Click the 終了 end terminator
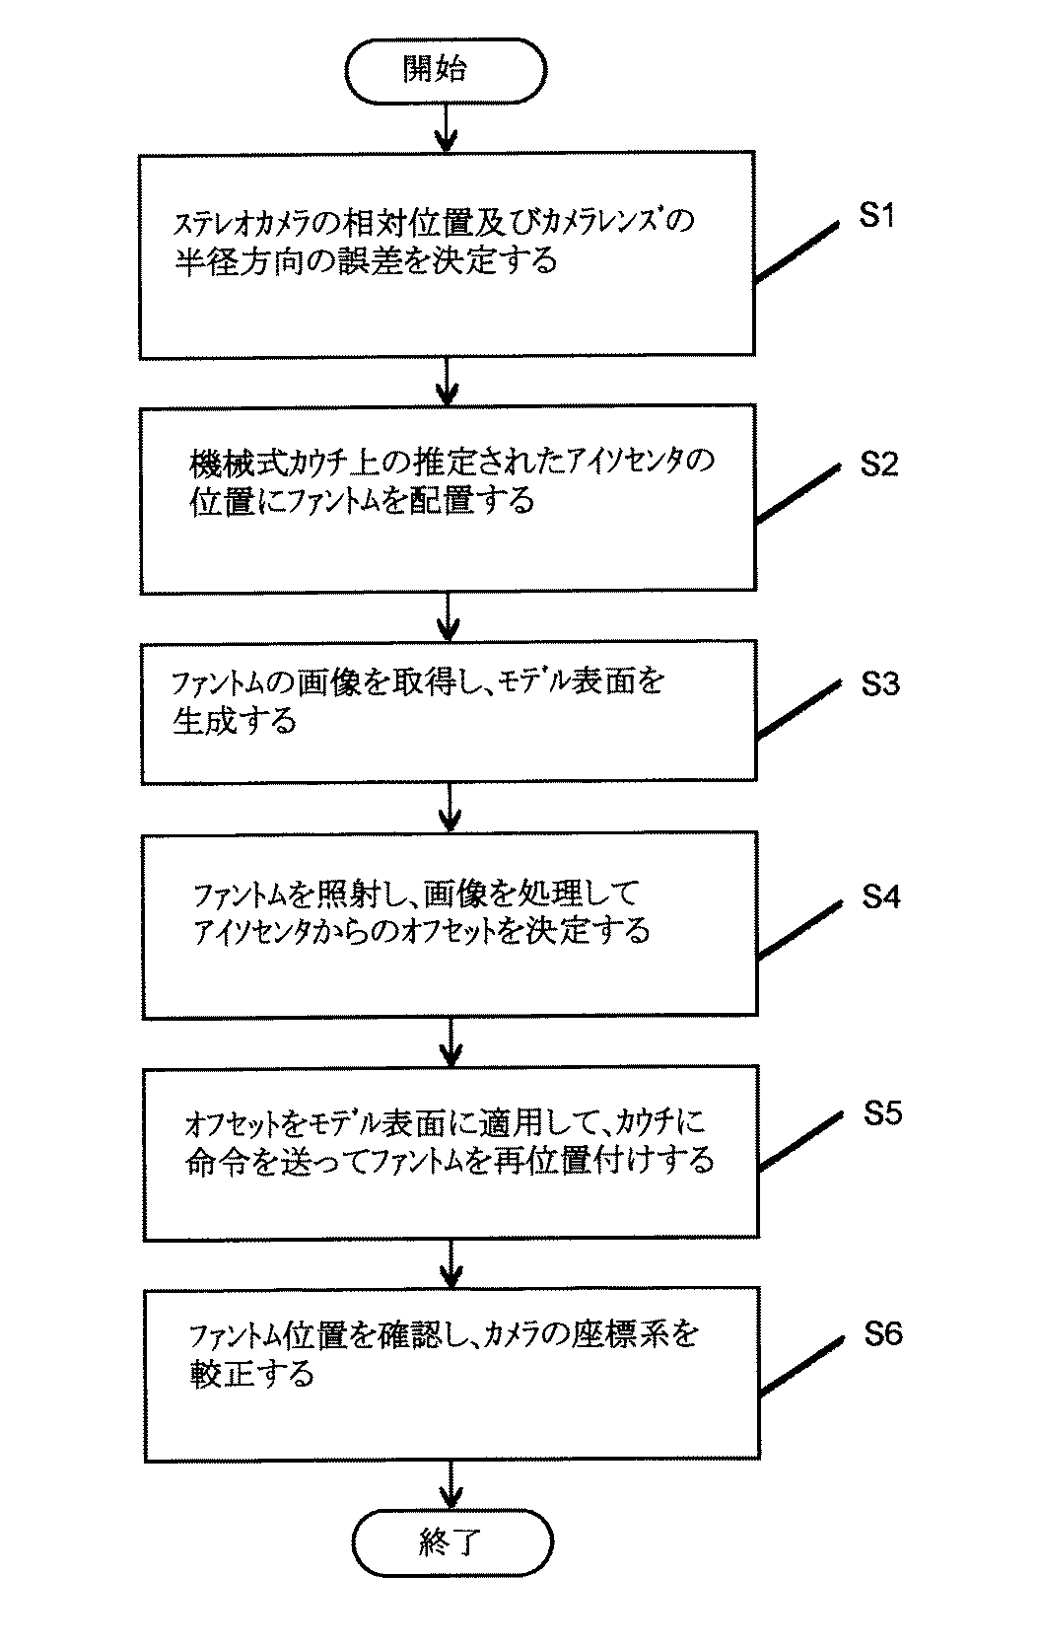click(452, 1542)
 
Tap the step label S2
click(878, 464)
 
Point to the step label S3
click(879, 683)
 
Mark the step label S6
click(882, 1334)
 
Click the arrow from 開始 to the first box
click(447, 128)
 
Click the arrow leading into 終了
click(451, 1484)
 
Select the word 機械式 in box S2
click(223, 462)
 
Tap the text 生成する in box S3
click(234, 721)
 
